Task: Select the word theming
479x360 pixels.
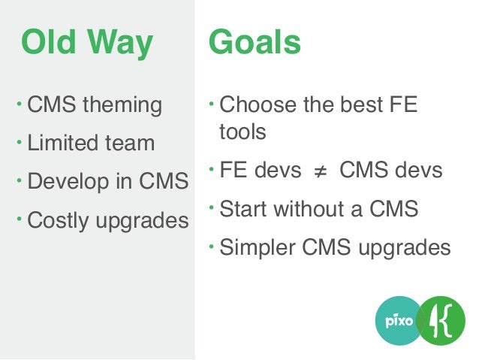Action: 122,104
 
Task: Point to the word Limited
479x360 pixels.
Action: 59,143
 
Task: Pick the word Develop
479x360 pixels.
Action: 64,182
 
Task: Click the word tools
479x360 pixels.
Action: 243,132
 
